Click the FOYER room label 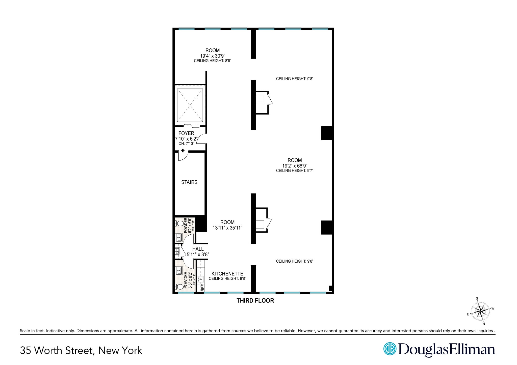click(186, 133)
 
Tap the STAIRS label click(189, 182)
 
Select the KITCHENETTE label click(227, 274)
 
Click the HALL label click(198, 249)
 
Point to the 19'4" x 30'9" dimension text click(212, 56)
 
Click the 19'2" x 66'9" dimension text click(295, 166)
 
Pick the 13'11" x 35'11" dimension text click(227, 228)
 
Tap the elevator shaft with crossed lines click(190, 105)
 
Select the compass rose click(480, 311)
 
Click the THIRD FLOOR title click(255, 300)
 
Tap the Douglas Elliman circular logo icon click(390, 349)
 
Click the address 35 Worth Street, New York click(81, 350)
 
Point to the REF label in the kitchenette click(202, 287)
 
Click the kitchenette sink click(201, 279)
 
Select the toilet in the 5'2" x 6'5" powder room click(180, 223)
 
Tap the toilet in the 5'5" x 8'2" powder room click(180, 287)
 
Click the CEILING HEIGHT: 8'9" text click(212, 61)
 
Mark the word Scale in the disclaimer click(24, 331)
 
